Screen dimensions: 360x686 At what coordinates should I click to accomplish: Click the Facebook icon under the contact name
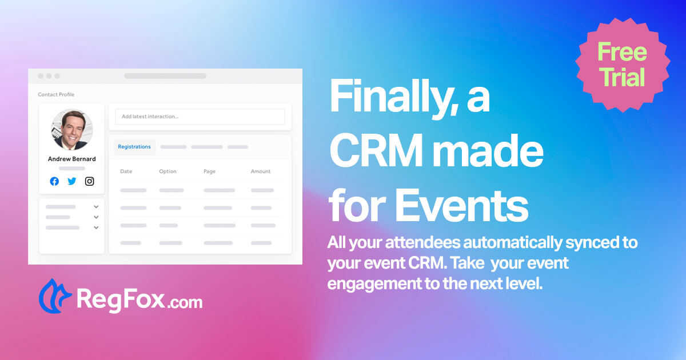tap(54, 181)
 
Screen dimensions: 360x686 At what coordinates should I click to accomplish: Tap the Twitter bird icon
tap(72, 181)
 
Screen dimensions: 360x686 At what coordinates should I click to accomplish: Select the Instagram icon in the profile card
tap(90, 181)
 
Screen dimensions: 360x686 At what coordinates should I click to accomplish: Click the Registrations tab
tap(134, 147)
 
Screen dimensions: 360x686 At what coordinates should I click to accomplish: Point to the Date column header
tap(126, 171)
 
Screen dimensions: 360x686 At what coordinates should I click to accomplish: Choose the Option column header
tap(167, 171)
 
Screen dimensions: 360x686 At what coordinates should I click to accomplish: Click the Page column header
tap(209, 171)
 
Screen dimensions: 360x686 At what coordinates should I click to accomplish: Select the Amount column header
tap(261, 171)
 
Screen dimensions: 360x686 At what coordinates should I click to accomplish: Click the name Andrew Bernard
tap(72, 159)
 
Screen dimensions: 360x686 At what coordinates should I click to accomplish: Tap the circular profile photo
tap(72, 130)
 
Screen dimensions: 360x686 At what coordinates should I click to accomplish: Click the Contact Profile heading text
tap(56, 94)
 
